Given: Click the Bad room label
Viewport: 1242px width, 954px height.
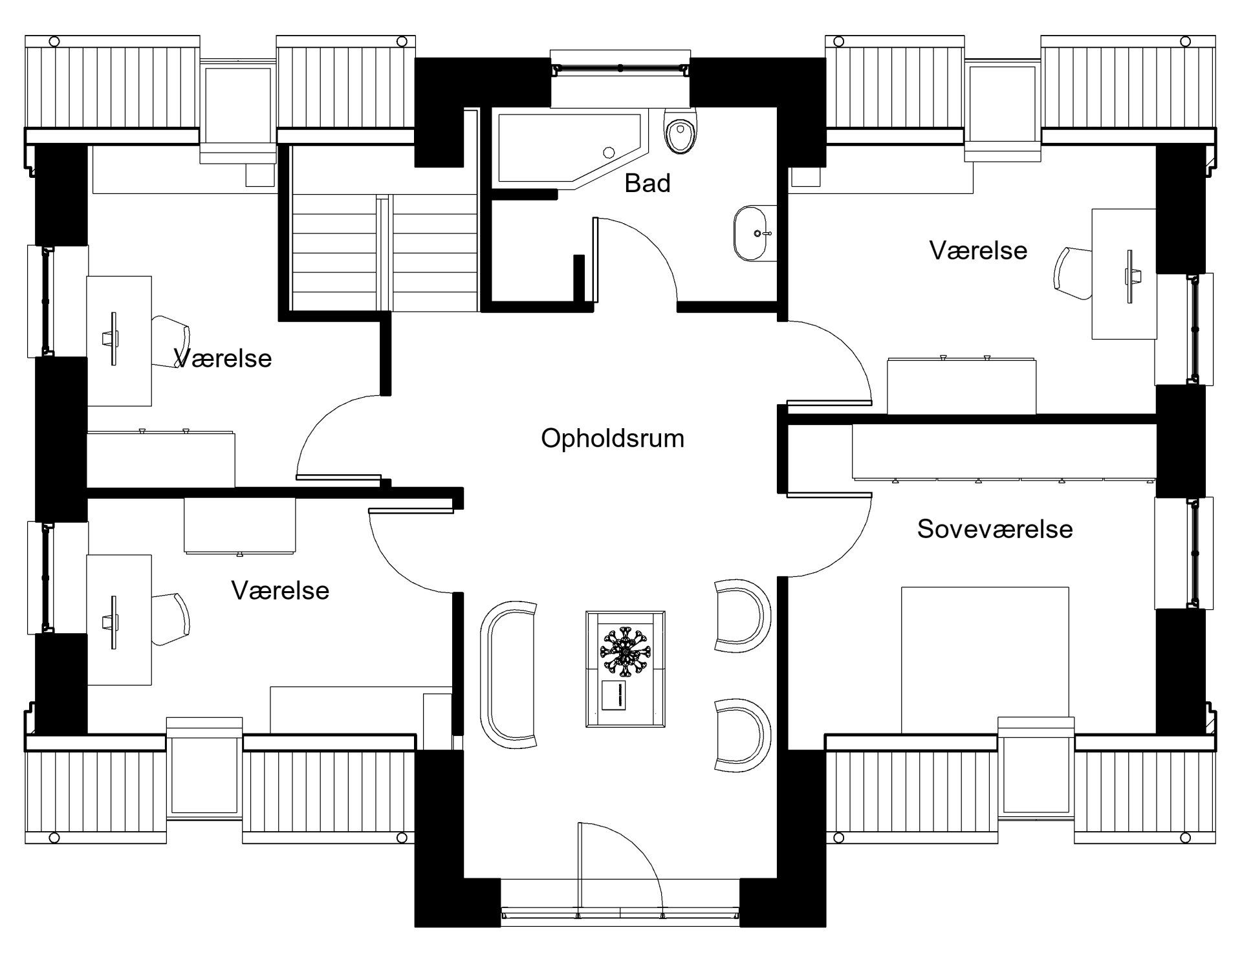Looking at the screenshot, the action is point(647,184).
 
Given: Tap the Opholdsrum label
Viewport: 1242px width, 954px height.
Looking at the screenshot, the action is point(613,439).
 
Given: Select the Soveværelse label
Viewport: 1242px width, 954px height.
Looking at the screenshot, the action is point(995,529).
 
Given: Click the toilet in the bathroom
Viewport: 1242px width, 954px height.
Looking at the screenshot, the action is point(681,131).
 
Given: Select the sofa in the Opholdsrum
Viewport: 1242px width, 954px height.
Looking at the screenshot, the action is point(508,674).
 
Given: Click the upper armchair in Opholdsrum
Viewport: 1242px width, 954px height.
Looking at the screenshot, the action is point(742,615).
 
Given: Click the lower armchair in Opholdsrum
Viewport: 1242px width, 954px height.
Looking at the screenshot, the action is point(742,734).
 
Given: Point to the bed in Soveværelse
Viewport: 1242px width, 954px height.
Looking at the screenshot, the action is point(985,660).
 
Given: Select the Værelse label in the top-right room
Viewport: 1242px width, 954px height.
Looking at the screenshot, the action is point(978,251).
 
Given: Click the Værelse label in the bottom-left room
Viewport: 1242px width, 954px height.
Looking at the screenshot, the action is point(280,591).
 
